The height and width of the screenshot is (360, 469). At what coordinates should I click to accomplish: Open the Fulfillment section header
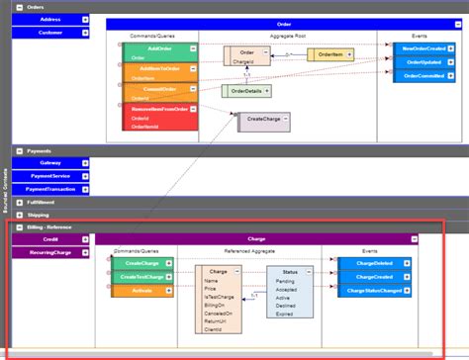point(40,201)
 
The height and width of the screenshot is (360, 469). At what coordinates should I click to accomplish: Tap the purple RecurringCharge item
point(49,252)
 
